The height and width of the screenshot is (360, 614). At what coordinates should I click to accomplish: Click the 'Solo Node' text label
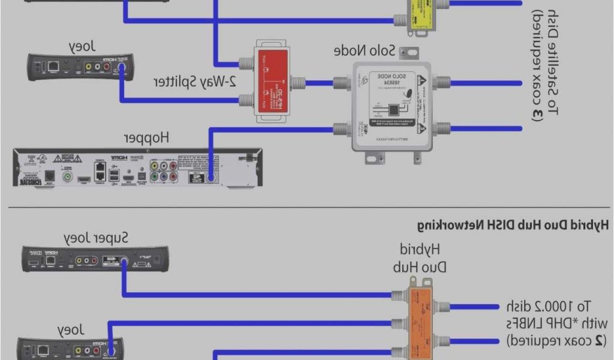tap(365, 51)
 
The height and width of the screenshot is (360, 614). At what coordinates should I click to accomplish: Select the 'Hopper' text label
tap(147, 137)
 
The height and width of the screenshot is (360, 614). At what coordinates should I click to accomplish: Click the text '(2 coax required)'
tap(554, 341)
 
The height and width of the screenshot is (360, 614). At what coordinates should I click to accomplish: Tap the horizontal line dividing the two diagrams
tap(307, 208)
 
